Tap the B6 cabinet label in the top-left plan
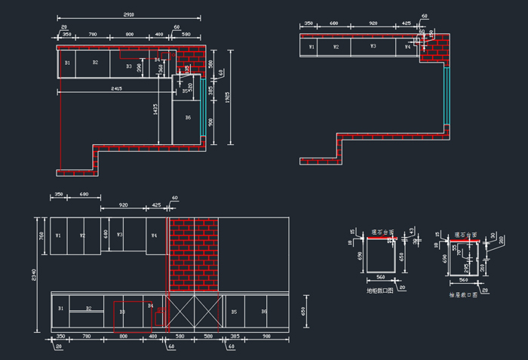click(x=188, y=118)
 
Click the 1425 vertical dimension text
click(x=155, y=109)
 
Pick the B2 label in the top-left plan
click(x=95, y=62)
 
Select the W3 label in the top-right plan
click(x=373, y=47)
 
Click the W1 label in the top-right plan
click(x=311, y=47)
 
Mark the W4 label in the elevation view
click(x=154, y=235)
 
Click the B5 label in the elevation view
click(x=234, y=311)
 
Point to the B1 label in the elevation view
click(x=60, y=308)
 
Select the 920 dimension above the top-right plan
click(x=373, y=23)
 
